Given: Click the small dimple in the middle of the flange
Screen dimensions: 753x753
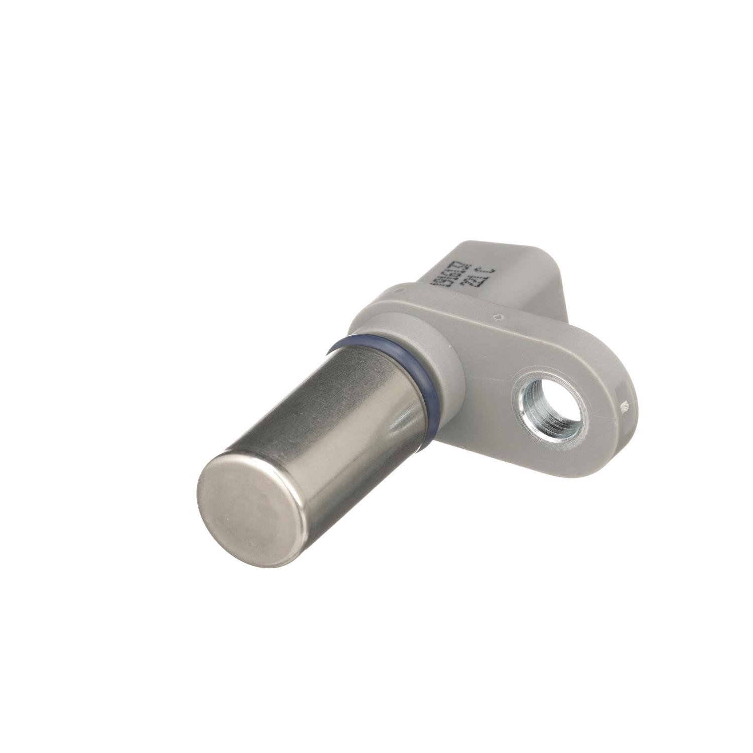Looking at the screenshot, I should [x=496, y=317].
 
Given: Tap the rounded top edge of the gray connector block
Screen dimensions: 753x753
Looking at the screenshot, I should [x=497, y=246].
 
